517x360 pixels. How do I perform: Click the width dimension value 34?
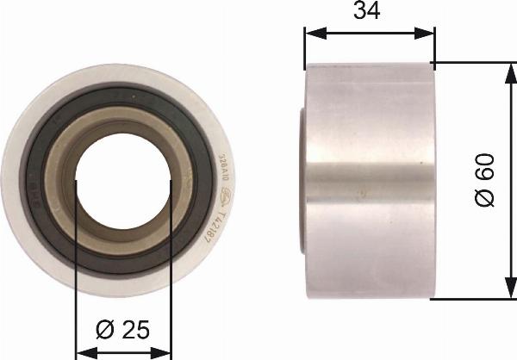368,11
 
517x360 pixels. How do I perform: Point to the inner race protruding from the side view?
302,181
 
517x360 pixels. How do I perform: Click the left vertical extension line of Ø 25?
77,267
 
